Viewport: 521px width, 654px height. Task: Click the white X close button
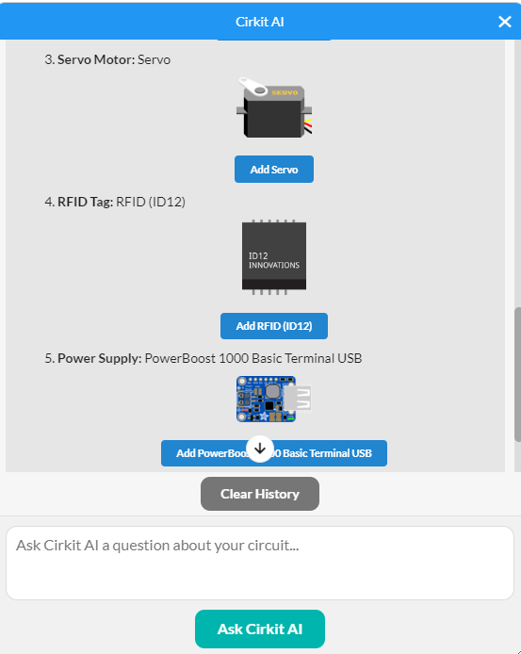[x=505, y=22]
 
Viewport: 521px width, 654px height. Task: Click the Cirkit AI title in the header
[x=259, y=22]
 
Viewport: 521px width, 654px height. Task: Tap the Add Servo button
[x=274, y=170]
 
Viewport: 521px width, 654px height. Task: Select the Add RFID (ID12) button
[x=274, y=326]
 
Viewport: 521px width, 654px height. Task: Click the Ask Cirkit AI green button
[x=260, y=629]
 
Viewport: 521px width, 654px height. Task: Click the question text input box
[x=260, y=564]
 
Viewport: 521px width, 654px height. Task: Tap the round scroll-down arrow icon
[x=260, y=449]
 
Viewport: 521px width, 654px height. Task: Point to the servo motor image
[x=274, y=107]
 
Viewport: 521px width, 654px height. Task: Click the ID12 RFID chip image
[x=274, y=257]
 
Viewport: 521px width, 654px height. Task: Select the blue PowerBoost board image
[x=273, y=400]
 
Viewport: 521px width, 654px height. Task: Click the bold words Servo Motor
[x=96, y=59]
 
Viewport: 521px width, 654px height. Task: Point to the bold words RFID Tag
[x=85, y=202]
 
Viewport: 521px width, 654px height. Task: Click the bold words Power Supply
[x=100, y=358]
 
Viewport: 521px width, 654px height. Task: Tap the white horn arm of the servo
[x=253, y=87]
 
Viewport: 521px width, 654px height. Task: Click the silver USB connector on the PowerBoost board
[x=299, y=398]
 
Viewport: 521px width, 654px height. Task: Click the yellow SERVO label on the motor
[x=285, y=92]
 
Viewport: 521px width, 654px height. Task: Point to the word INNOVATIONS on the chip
[x=274, y=265]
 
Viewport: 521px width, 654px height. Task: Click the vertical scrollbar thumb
[x=517, y=374]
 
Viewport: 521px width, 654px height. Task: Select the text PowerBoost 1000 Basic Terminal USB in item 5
[x=253, y=358]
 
